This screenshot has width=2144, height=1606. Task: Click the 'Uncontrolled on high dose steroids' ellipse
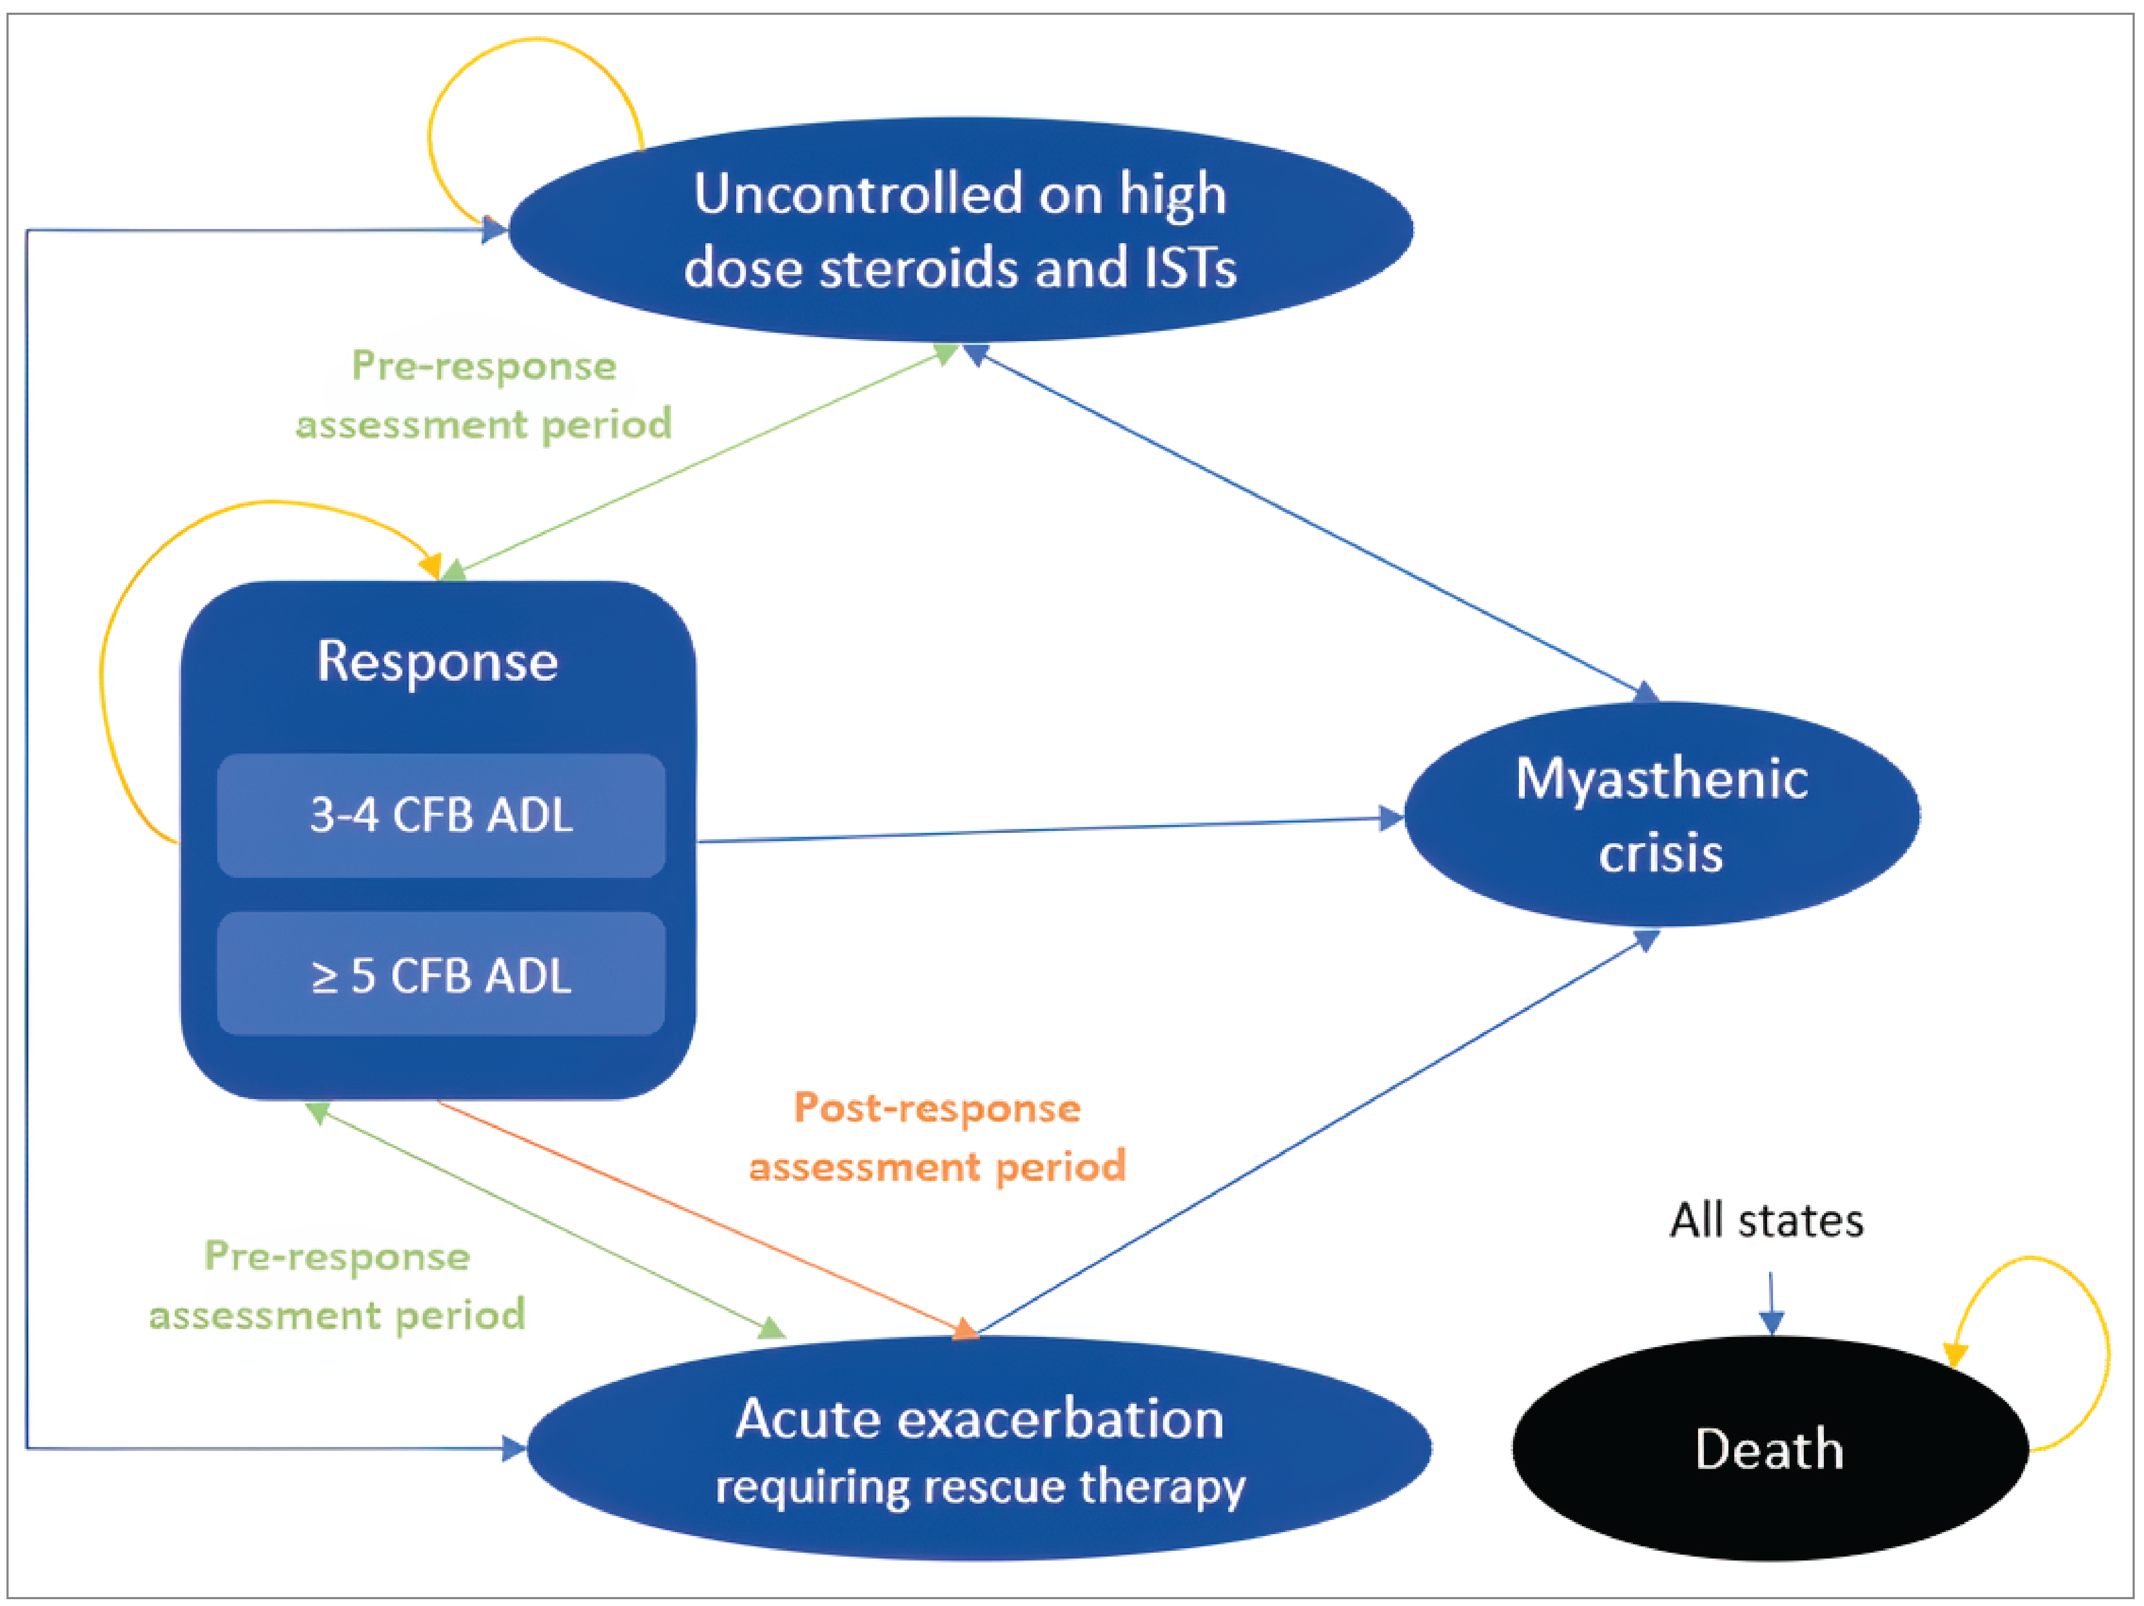coord(959,229)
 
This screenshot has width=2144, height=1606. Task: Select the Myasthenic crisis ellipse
coord(1661,814)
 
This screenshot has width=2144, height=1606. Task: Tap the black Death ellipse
coord(1769,1449)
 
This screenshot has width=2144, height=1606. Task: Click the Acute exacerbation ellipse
coord(979,1449)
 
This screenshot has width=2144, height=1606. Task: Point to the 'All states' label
coord(1766,1220)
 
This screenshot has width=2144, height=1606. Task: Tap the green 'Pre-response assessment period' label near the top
coord(484,394)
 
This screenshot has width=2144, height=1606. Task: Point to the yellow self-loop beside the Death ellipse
coord(2105,1347)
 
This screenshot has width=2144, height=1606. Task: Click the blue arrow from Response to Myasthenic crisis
coord(1047,829)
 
